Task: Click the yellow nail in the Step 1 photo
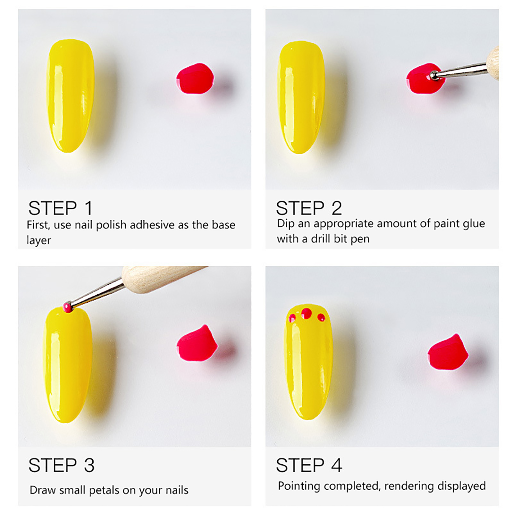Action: (x=71, y=96)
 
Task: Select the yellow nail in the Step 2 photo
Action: (x=302, y=97)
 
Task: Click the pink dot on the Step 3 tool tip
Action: (x=67, y=306)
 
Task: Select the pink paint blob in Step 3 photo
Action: (x=197, y=344)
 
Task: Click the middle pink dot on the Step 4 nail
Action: (x=306, y=313)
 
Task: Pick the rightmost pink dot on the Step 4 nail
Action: (x=321, y=317)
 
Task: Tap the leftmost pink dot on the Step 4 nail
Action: (x=292, y=318)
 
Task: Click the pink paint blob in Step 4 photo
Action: (x=448, y=352)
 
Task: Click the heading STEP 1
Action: (x=61, y=208)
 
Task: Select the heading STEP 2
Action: (x=309, y=208)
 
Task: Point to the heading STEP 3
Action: (x=61, y=465)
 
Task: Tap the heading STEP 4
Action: (x=309, y=465)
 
